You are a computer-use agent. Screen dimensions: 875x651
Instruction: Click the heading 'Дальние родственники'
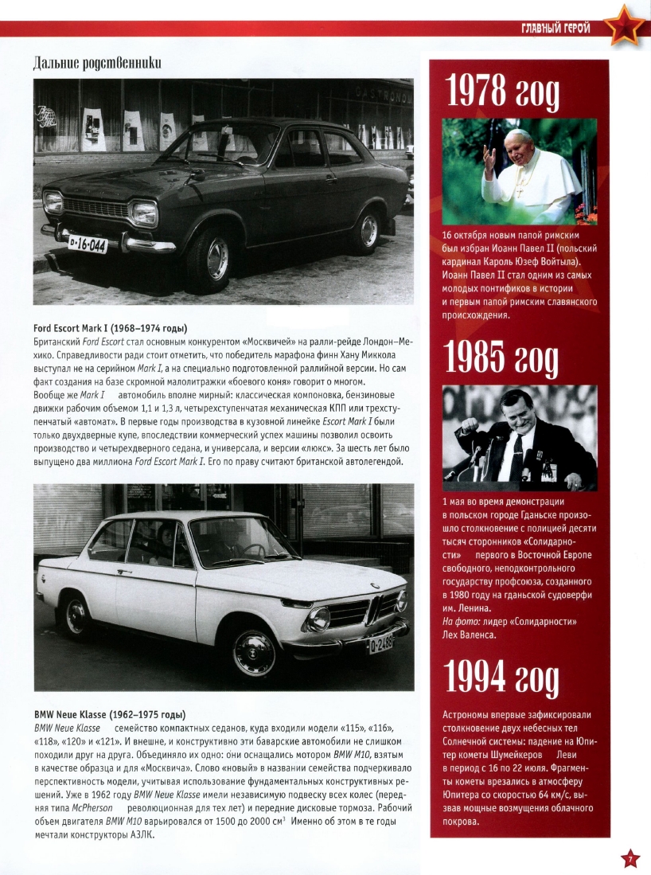(97, 62)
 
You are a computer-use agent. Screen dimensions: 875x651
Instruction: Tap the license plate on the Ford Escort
(87, 243)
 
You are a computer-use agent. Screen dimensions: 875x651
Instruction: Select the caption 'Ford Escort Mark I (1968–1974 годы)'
(115, 329)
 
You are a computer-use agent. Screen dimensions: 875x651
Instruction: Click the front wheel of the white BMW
(254, 650)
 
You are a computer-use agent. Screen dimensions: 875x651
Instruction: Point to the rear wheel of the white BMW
(77, 615)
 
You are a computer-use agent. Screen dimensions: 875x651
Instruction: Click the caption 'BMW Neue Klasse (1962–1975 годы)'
(110, 714)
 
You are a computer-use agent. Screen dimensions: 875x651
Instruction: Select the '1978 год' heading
(502, 94)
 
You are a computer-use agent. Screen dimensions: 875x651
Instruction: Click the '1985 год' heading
(502, 360)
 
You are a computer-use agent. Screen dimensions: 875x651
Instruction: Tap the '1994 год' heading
(502, 678)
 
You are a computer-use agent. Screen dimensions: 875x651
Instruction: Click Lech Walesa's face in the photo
(517, 414)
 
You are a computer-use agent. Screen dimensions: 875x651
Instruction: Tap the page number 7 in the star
(629, 858)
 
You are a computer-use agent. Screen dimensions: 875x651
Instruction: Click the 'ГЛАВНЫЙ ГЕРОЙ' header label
(555, 29)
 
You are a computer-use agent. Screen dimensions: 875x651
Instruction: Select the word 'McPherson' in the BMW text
(92, 807)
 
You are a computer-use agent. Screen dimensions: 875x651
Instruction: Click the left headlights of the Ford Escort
(53, 202)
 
